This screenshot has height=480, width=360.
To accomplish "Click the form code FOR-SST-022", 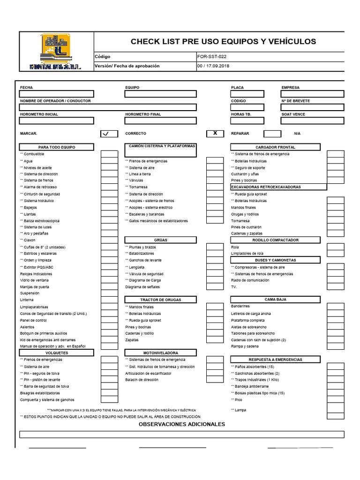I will [213, 56].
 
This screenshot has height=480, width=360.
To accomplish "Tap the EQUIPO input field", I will [161, 94].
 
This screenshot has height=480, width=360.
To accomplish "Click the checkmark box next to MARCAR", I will [109, 134].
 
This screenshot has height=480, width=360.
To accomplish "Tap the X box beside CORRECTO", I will [215, 134].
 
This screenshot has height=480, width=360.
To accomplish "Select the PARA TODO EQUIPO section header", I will [57, 147].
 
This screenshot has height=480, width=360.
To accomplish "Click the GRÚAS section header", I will [161, 240].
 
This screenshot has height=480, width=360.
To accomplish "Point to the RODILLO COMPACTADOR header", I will [275, 240].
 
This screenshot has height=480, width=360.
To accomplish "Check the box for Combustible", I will [109, 154].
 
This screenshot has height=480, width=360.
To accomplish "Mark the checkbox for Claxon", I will [109, 240].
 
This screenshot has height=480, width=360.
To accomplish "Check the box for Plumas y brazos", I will [215, 247].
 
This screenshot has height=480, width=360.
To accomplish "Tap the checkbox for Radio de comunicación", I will [335, 280].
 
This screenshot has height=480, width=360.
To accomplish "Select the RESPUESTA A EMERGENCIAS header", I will [275, 360].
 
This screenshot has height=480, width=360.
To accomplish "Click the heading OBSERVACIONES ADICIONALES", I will [182, 424].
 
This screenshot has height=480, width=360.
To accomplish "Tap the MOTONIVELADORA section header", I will [161, 352].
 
